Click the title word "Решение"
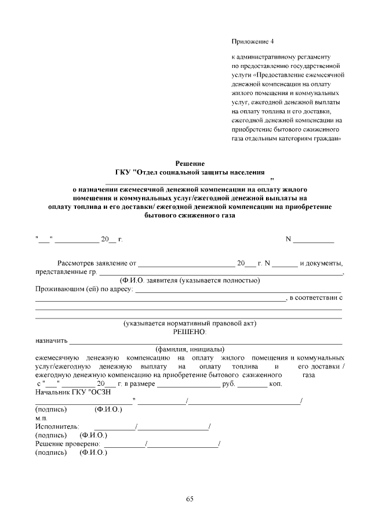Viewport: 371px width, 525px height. coord(190,164)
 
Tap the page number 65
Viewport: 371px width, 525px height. coord(190,498)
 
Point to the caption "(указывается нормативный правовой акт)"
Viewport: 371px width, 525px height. coord(190,323)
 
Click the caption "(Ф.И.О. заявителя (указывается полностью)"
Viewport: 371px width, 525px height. coord(186,280)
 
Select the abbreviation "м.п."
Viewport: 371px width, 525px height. coord(42,418)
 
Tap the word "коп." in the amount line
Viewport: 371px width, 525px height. coord(275,384)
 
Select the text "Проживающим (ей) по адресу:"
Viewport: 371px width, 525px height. coord(85,289)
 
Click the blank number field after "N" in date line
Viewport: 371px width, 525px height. coord(317,239)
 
